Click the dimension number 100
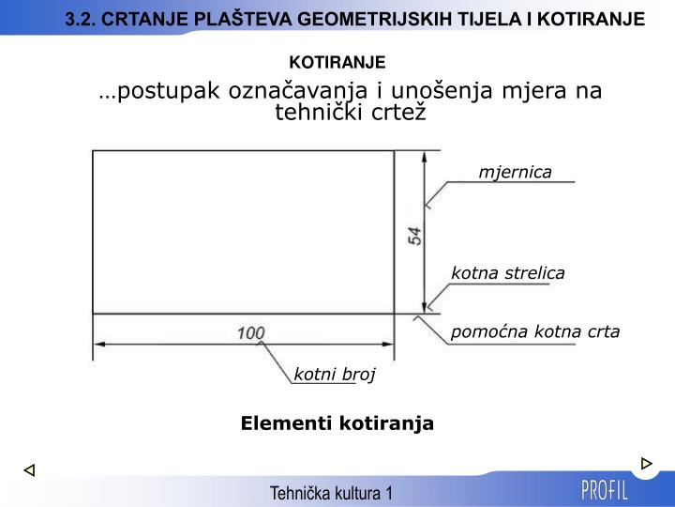(x=250, y=332)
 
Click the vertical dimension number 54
(x=414, y=236)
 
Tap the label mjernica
(x=515, y=172)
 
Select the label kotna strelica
(x=508, y=273)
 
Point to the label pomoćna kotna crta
(x=535, y=331)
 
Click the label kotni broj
(x=335, y=375)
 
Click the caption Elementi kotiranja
(x=337, y=423)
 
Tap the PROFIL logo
(x=606, y=490)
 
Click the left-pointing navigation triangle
(x=29, y=469)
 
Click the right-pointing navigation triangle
(x=646, y=464)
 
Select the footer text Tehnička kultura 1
(x=331, y=493)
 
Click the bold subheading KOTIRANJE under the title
(x=337, y=62)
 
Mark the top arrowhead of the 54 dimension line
(x=427, y=158)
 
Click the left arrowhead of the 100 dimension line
(x=100, y=345)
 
